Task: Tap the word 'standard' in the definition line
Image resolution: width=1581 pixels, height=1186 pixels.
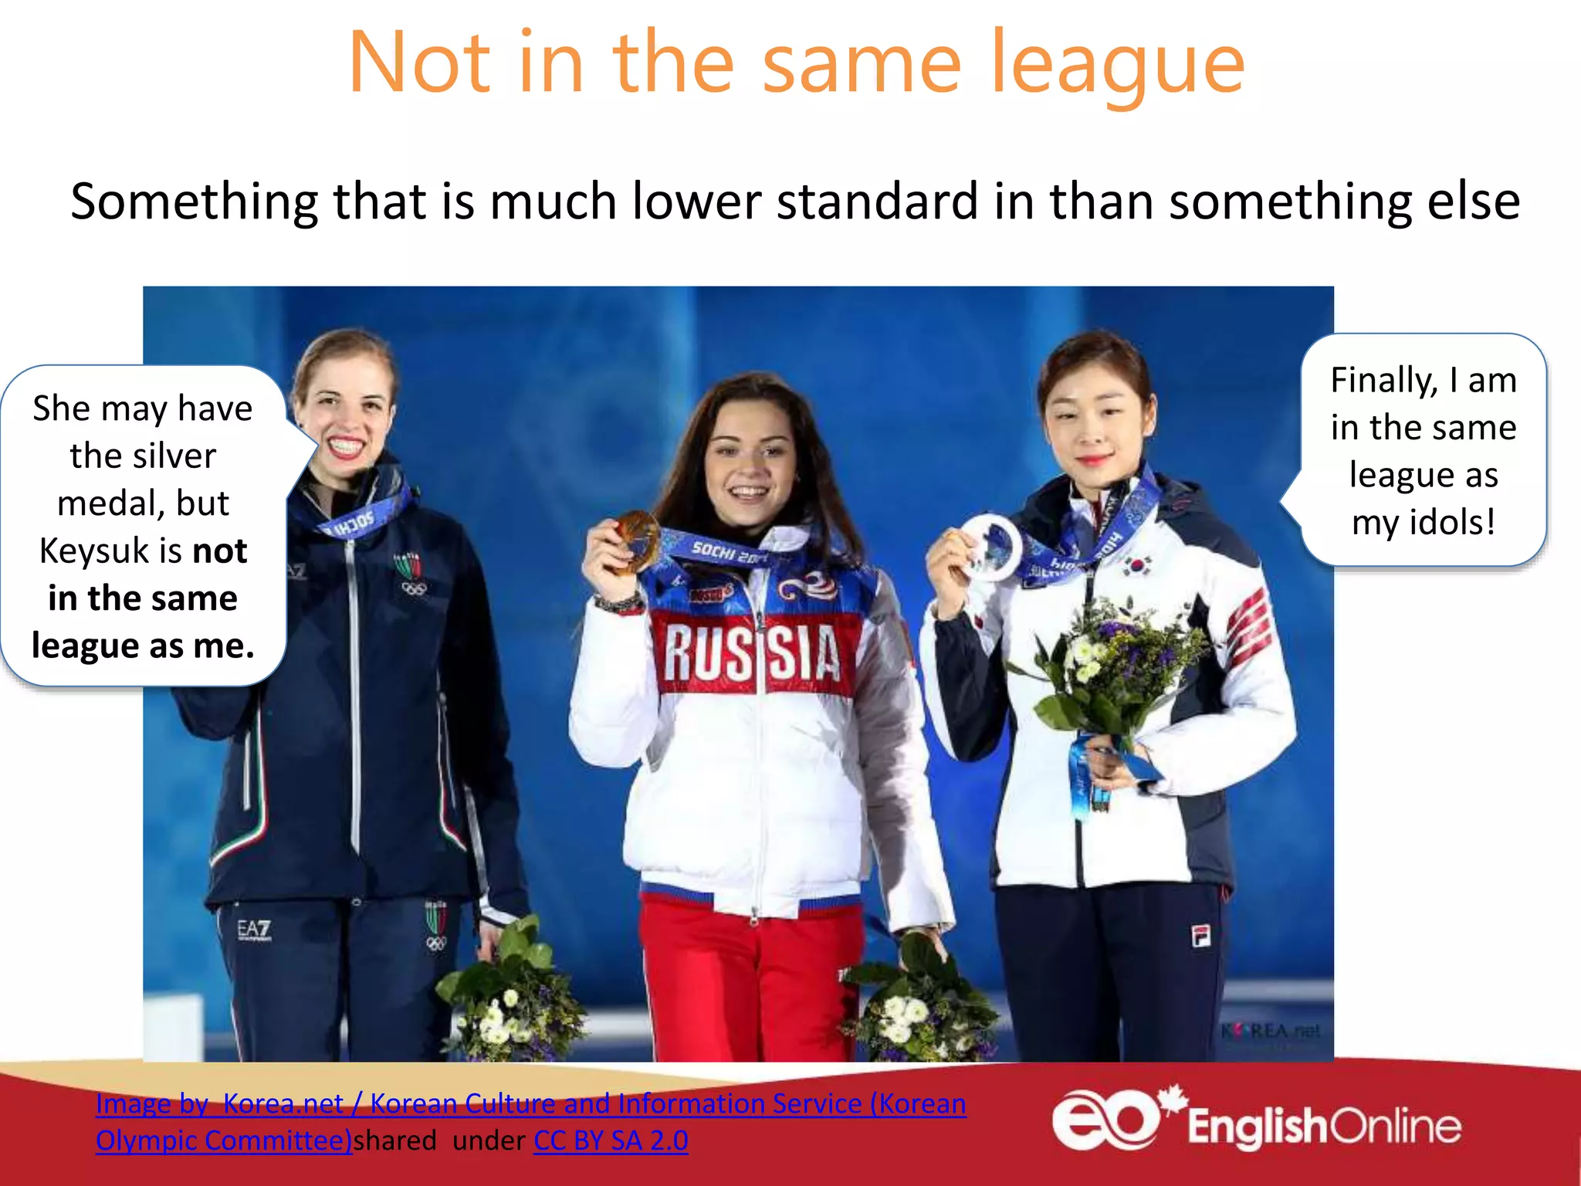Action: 877,202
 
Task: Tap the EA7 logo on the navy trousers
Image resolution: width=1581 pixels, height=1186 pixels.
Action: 254,930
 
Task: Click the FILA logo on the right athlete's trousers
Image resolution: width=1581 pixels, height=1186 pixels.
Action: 1200,936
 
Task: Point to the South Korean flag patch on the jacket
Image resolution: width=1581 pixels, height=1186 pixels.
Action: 1138,565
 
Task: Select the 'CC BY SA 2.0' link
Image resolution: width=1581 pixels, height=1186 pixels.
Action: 611,1140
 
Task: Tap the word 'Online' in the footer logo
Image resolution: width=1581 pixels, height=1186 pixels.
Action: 1396,1127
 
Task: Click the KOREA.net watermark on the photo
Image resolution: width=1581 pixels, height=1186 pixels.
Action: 1271,1031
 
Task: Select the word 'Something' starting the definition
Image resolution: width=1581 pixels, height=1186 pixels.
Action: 194,202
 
